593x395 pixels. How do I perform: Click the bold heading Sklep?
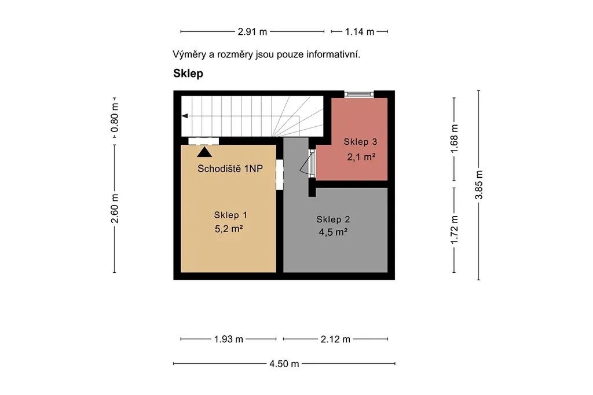pos(188,74)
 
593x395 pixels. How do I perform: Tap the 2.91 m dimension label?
pos(252,32)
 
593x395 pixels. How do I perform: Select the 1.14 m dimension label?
pos(359,32)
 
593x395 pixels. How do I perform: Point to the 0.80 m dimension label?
pos(115,118)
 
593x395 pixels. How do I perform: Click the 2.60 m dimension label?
pos(115,209)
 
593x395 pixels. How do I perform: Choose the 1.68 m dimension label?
pos(454,139)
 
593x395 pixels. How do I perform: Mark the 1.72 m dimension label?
pos(454,230)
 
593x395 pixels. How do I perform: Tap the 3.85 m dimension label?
pos(479,185)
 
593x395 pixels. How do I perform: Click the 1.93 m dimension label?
pos(228,339)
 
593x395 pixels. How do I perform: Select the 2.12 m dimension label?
pos(335,339)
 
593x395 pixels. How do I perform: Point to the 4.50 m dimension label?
pos(284,364)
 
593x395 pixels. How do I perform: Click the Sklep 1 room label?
pos(230,215)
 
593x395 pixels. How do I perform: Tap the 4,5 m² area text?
pos(333,232)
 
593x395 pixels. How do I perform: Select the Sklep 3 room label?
pos(360,142)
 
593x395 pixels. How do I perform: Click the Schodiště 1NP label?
pos(230,169)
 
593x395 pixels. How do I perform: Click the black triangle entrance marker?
pos(204,152)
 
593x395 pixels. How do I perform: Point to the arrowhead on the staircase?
pos(185,116)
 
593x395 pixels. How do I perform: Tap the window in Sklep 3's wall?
pos(358,94)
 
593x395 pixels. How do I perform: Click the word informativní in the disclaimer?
pos(333,54)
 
